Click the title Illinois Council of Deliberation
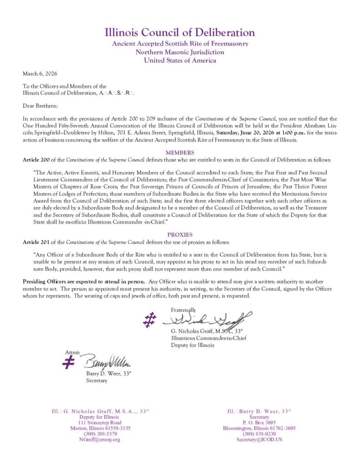point(180,33)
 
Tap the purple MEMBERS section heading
point(180,152)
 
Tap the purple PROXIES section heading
point(180,234)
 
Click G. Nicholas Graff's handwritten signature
point(209,319)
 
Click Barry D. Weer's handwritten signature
point(107,362)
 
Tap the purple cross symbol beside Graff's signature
point(149,319)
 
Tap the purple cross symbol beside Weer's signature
point(69,362)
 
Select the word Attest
point(73,352)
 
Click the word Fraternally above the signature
point(183,309)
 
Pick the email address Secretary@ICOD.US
point(259,440)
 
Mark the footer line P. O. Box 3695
point(259,422)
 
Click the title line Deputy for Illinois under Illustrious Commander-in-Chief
point(193,345)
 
